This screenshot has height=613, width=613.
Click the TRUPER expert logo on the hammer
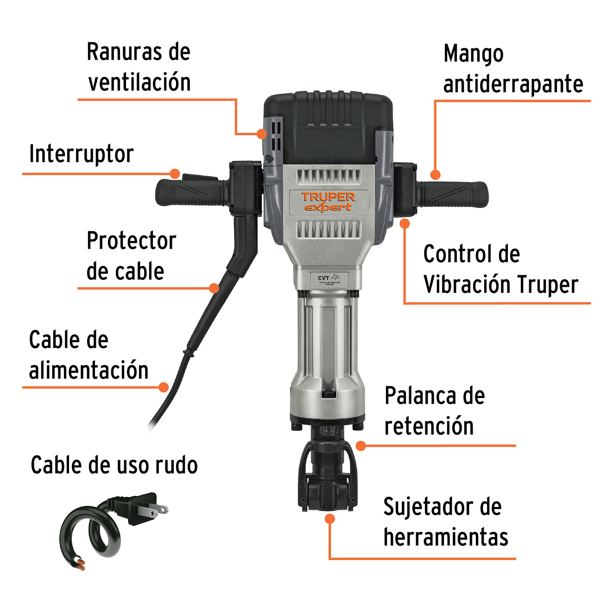pos(328,202)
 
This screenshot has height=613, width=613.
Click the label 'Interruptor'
pos(82,154)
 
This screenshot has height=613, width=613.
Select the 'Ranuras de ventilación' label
pos(139,67)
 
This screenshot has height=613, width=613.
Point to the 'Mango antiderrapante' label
pos(512,69)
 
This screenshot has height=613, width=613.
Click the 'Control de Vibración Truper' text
pos(500,269)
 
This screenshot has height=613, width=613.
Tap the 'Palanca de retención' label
pos(434,411)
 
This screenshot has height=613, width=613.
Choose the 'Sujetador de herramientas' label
pos(445,522)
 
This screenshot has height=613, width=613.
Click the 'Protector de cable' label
pos(131,256)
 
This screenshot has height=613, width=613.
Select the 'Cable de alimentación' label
pos(88,355)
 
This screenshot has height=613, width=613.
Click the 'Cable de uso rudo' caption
pos(114,465)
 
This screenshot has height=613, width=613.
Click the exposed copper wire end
pos(80,564)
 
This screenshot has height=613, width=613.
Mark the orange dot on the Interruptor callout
pos(175,174)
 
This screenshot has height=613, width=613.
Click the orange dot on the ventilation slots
pos(262,133)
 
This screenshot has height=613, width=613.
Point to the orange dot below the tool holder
pos(329,519)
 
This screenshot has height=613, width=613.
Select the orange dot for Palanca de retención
pos(361,446)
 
